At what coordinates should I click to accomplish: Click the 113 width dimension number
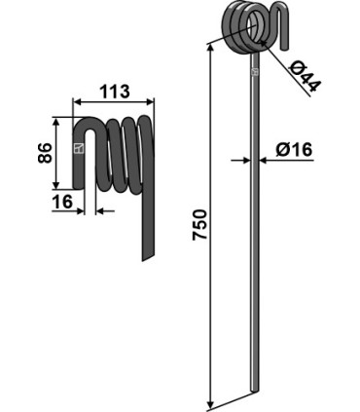tap(114, 93)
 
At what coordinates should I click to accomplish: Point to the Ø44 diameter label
tap(306, 75)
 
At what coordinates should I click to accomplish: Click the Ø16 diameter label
tap(293, 150)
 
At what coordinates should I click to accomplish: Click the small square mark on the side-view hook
tap(79, 149)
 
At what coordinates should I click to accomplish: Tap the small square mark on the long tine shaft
tap(255, 71)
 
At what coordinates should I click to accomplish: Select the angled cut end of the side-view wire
tap(146, 254)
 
